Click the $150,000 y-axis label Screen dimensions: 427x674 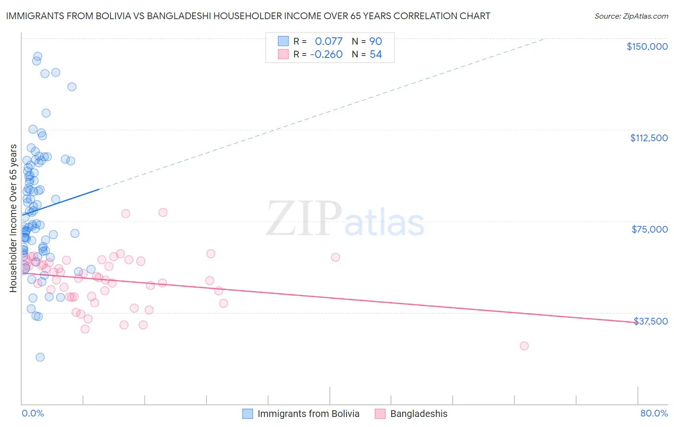click(x=647, y=46)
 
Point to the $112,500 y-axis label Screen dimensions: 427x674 click(x=649, y=138)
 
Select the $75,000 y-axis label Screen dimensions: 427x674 click(x=650, y=229)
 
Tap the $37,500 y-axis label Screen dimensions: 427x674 click(x=651, y=321)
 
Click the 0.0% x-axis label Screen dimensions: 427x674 click(x=33, y=413)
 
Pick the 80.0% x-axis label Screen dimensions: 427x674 click(x=654, y=413)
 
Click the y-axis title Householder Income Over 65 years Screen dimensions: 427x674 click(x=13, y=218)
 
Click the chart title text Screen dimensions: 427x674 click(x=248, y=16)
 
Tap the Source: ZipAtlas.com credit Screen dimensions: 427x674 click(x=631, y=16)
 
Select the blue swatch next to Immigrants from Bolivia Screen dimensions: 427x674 click(x=247, y=414)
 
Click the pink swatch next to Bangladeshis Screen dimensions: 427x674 click(x=380, y=414)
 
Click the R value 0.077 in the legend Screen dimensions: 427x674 click(x=328, y=41)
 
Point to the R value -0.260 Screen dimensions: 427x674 click(x=326, y=54)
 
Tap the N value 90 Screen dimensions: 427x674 click(x=375, y=41)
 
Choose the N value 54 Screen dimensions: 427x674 click(x=375, y=54)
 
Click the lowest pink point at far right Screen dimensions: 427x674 click(x=524, y=346)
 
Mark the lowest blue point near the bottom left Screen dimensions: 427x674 click(x=40, y=357)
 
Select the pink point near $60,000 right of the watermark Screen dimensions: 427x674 click(x=336, y=257)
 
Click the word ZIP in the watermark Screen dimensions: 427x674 click(x=304, y=219)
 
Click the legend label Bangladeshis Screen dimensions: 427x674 click(x=418, y=414)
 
